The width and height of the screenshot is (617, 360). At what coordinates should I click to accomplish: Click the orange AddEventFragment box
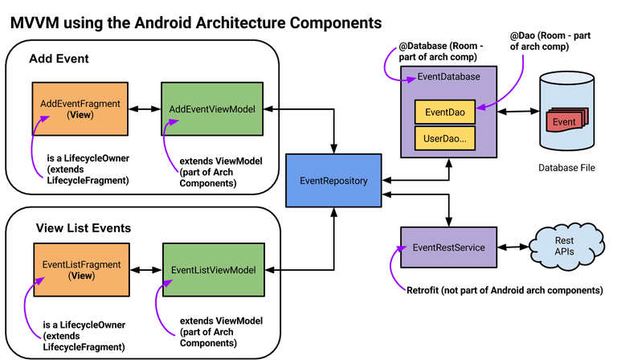tap(80, 109)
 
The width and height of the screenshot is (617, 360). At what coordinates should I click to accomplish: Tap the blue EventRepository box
tap(333, 181)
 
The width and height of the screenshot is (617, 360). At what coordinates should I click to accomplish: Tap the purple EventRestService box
tap(448, 247)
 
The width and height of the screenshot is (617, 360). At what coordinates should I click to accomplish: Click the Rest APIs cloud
tap(566, 246)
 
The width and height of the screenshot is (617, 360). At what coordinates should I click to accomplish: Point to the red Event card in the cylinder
tap(564, 122)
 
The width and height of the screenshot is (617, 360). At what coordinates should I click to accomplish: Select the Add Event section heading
tap(59, 59)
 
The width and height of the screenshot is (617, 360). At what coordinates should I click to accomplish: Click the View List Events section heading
tap(84, 228)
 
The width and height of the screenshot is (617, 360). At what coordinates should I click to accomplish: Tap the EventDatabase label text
tap(449, 76)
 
